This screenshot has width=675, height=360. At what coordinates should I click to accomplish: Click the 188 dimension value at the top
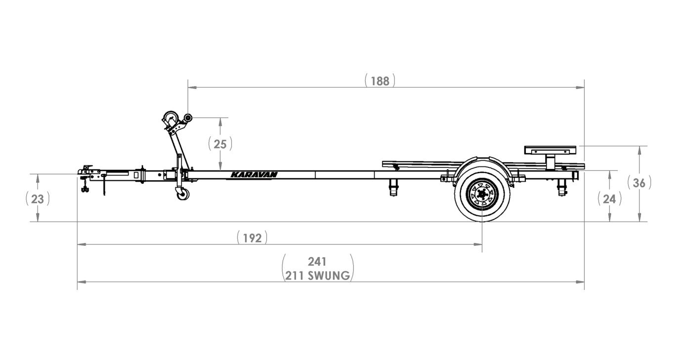[380, 81]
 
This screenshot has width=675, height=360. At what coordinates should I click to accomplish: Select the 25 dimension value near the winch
[220, 144]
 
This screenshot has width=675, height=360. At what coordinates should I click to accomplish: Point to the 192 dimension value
[252, 238]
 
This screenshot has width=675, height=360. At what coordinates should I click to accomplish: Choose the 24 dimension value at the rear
[609, 199]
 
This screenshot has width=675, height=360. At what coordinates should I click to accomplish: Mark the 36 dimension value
[639, 183]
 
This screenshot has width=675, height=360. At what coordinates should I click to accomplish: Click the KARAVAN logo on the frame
[254, 174]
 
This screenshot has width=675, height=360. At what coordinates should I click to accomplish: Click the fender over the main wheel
[480, 162]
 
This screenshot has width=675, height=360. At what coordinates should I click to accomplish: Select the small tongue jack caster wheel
[182, 194]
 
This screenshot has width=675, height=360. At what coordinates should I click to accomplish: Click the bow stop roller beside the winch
[188, 119]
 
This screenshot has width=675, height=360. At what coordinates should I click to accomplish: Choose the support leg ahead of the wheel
[393, 187]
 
